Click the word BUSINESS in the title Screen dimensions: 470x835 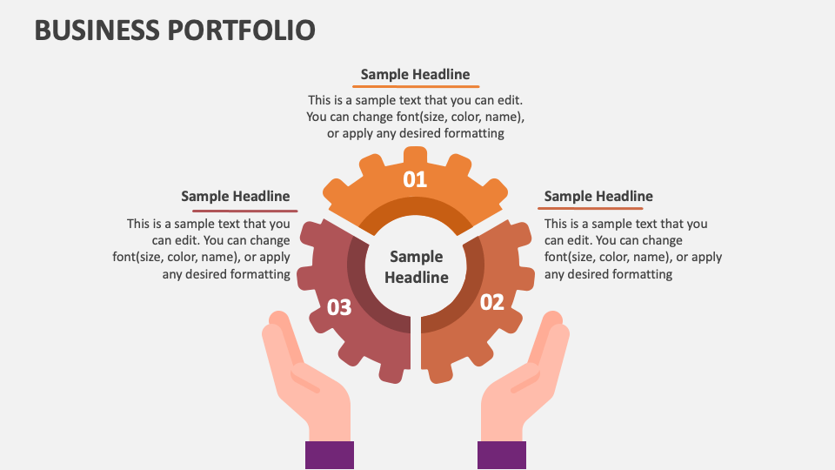pyautogui.click(x=96, y=30)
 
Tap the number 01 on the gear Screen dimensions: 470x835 pyautogui.click(x=415, y=179)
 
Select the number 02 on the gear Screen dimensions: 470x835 pyautogui.click(x=492, y=302)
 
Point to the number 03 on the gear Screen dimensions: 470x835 pyautogui.click(x=339, y=307)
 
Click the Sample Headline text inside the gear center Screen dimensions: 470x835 pyautogui.click(x=416, y=267)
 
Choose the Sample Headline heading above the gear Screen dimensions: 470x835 pyautogui.click(x=415, y=74)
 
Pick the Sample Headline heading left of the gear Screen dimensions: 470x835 pyautogui.click(x=236, y=196)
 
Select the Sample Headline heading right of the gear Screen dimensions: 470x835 pyautogui.click(x=598, y=196)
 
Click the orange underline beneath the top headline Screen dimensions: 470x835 pyautogui.click(x=416, y=86)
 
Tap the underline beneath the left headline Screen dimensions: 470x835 pyautogui.click(x=245, y=210)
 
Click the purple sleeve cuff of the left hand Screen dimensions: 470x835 pyautogui.click(x=330, y=455)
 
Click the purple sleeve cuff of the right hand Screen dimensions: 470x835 pyautogui.click(x=502, y=455)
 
